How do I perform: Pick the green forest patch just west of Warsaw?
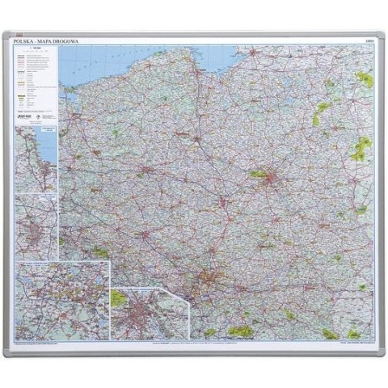[x=259, y=173]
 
